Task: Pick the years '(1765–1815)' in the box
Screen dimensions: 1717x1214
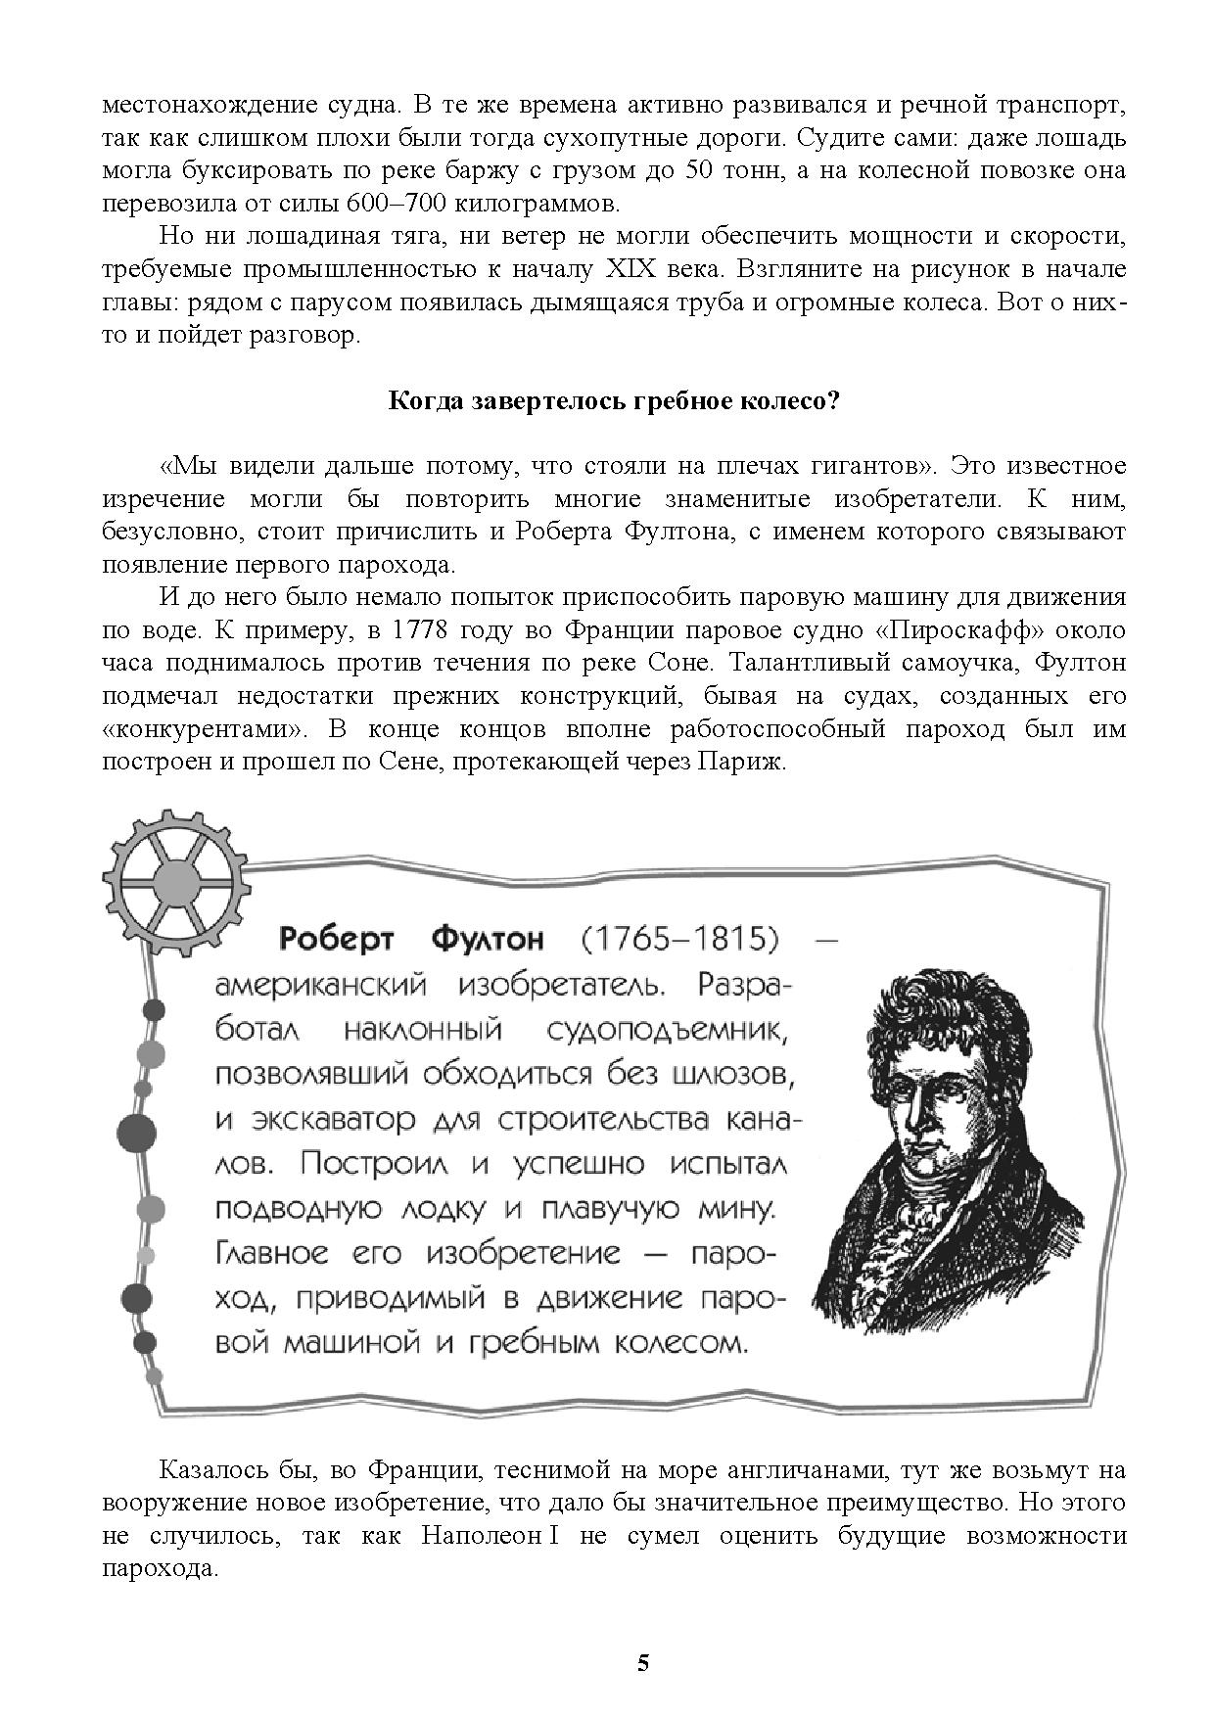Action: [x=679, y=940]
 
